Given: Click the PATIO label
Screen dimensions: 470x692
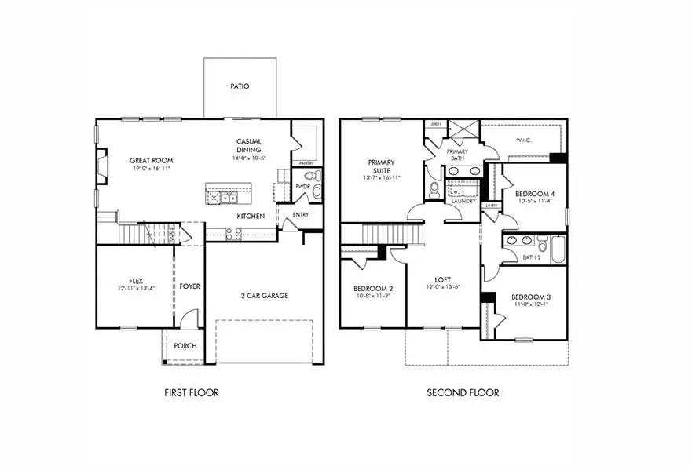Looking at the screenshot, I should [240, 86].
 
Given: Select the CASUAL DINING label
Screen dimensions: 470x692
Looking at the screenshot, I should [249, 146].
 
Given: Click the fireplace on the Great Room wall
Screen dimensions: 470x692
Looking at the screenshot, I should [101, 166].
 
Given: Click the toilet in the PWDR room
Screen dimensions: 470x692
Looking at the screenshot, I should [309, 176].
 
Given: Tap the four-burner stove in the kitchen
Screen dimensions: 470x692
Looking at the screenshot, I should [233, 233].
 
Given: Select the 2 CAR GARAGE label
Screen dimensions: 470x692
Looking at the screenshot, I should [264, 296].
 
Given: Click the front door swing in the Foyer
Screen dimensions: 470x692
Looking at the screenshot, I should [188, 319].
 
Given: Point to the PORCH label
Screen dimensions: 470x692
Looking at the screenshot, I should [185, 346].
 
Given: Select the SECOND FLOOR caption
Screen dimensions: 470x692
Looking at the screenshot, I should [463, 392].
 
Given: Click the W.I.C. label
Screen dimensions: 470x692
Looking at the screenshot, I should [524, 141].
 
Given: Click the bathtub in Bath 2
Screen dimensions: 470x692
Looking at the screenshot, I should [557, 250].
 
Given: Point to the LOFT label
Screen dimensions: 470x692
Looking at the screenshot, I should [443, 279].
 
